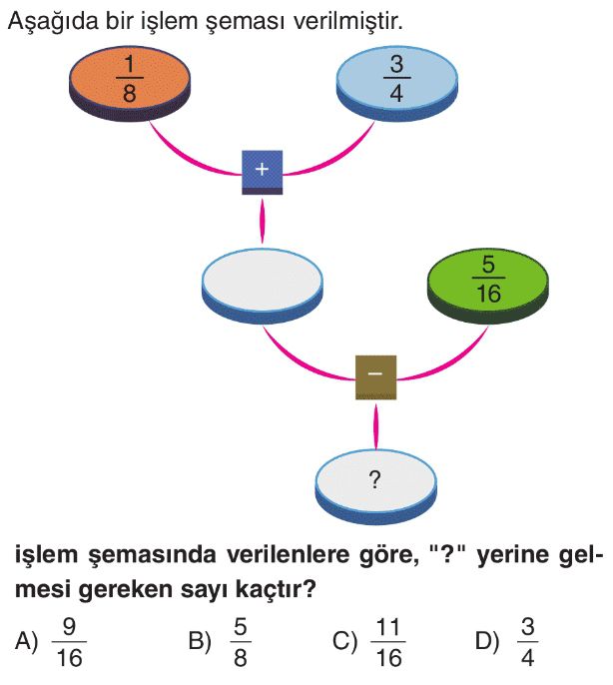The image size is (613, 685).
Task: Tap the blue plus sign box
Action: [x=263, y=171]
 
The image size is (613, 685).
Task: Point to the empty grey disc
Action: [x=263, y=282]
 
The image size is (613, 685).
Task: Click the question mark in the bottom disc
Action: [x=375, y=480]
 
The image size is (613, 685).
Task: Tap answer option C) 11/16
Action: [x=375, y=642]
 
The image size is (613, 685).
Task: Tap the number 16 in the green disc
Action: [x=488, y=295]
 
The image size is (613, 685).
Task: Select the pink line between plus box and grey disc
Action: [x=263, y=220]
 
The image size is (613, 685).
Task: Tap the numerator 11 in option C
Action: [x=389, y=629]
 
